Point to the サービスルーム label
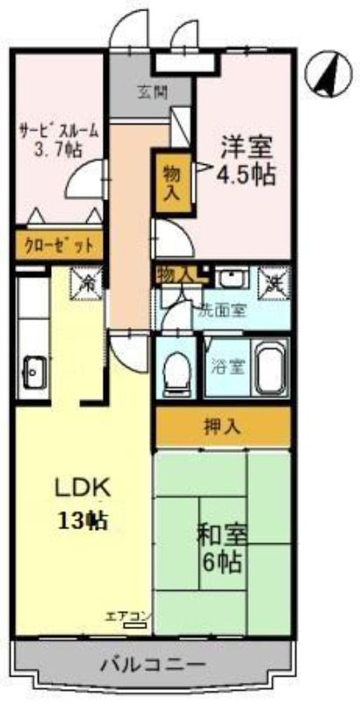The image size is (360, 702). (59, 132)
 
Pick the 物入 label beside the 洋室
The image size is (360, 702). (171, 182)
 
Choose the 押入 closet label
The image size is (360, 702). (223, 428)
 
